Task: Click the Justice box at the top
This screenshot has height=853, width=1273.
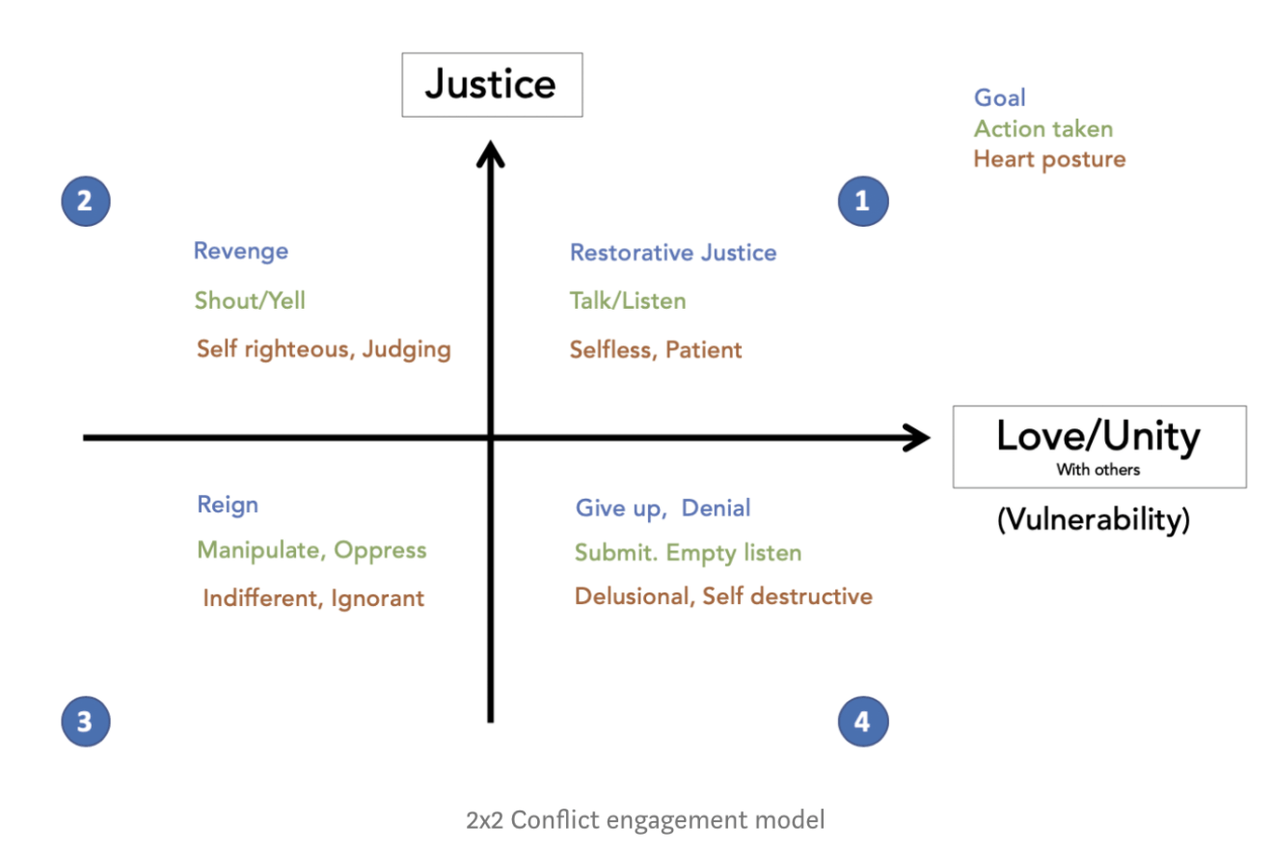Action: [x=492, y=85]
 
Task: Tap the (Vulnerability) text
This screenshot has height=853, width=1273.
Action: [x=1093, y=520]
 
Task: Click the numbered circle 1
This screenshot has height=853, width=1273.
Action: [x=862, y=201]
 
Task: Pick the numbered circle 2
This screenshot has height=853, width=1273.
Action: [x=85, y=201]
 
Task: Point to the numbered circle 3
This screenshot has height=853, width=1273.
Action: [x=85, y=721]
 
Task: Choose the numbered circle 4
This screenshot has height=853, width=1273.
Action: [x=862, y=721]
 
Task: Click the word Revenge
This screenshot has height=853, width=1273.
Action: [x=241, y=252]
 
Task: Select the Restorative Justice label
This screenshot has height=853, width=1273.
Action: [x=673, y=253]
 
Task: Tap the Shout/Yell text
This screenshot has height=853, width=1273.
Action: [x=250, y=300]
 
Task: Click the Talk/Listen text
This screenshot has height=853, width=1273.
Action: [x=628, y=300]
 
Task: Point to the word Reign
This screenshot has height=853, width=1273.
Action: [x=228, y=505]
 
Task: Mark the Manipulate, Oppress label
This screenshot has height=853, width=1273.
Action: [x=311, y=550]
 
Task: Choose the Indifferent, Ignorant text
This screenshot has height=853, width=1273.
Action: [x=313, y=598]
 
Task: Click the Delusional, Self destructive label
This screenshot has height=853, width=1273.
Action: [x=723, y=596]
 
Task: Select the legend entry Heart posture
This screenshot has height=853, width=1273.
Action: [x=1049, y=158]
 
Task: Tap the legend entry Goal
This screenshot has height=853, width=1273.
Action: [x=1000, y=97]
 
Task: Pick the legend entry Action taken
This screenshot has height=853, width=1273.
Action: [x=1043, y=128]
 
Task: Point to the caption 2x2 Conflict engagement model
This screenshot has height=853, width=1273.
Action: [x=645, y=820]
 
